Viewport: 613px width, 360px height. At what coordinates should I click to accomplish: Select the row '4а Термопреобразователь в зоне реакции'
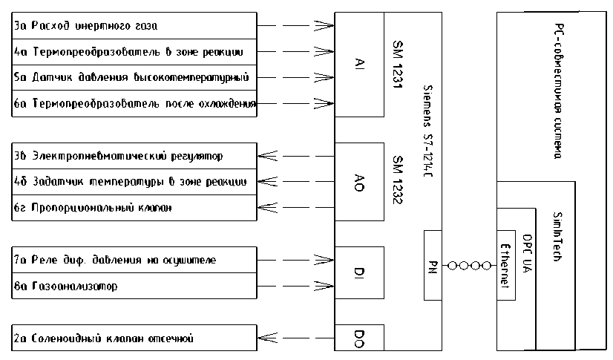pos(134,52)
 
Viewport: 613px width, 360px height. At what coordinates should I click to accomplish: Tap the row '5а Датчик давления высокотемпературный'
pos(134,78)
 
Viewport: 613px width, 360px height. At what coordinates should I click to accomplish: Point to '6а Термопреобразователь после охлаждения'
pos(134,104)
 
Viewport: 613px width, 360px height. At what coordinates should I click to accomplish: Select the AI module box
pos(359,65)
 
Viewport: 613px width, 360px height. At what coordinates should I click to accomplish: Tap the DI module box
pos(359,273)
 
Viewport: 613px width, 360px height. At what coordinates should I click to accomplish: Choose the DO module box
pos(359,338)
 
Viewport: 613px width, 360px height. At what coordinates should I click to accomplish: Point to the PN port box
pos(433,266)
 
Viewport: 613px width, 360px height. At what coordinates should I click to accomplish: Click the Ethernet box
pos(505,265)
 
